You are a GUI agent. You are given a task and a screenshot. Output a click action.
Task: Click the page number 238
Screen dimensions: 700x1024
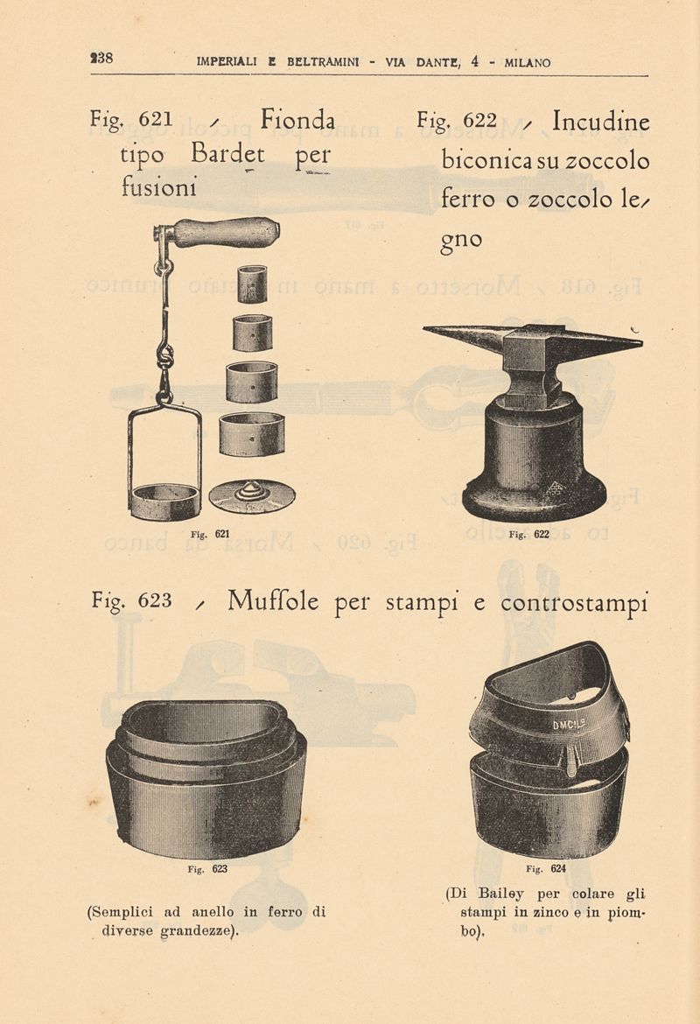[x=101, y=58]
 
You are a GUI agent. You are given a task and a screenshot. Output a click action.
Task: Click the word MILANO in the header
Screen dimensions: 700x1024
[x=528, y=63]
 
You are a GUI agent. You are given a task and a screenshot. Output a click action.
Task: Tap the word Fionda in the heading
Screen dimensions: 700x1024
[x=297, y=120]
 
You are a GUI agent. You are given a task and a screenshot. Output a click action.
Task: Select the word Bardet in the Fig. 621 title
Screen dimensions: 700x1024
[x=228, y=155]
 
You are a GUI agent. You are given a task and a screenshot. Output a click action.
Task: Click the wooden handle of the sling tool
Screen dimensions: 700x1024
[x=225, y=232]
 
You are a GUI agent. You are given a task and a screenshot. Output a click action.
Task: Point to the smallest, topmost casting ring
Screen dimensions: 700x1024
[x=252, y=284]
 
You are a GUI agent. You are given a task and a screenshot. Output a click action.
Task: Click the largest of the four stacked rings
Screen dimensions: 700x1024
[x=252, y=433]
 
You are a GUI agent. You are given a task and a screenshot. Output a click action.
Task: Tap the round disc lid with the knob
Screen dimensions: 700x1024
[x=252, y=497]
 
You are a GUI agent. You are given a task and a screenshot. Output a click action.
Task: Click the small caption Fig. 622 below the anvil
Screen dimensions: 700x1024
[x=528, y=534]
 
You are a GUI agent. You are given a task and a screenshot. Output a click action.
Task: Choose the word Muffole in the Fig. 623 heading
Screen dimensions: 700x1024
[x=273, y=600]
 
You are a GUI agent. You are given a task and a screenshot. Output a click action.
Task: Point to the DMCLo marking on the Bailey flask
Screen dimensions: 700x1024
[x=569, y=725]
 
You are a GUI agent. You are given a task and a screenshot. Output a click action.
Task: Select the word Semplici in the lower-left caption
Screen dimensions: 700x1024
[x=120, y=912]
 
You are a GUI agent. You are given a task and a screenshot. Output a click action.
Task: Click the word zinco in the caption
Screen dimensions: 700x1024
[x=547, y=912]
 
